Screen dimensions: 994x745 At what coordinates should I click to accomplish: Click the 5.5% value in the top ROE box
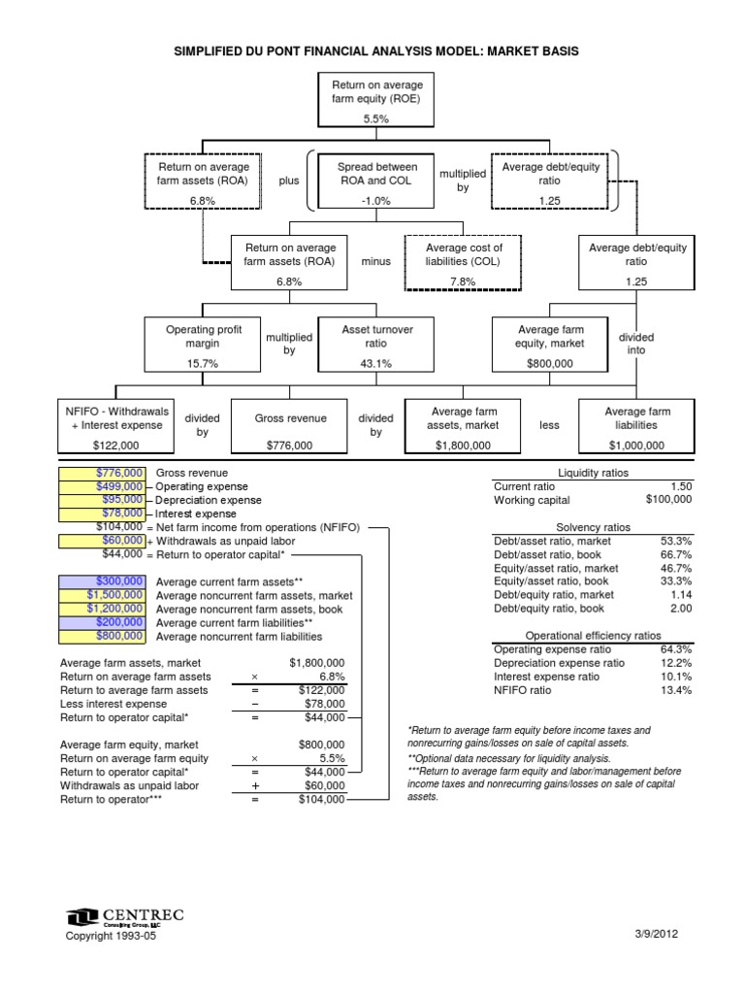pyautogui.click(x=375, y=118)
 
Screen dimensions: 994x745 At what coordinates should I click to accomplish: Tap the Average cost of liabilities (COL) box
pyautogui.click(x=465, y=261)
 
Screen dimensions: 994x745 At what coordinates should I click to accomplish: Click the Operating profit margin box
pyautogui.click(x=203, y=344)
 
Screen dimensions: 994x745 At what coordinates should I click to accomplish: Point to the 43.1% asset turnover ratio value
pyautogui.click(x=376, y=363)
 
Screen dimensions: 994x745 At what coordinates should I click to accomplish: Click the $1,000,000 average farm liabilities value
pyautogui.click(x=636, y=445)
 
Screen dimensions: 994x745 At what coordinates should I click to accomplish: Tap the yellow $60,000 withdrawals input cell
pyautogui.click(x=103, y=540)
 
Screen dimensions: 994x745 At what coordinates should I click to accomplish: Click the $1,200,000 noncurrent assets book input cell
pyautogui.click(x=103, y=609)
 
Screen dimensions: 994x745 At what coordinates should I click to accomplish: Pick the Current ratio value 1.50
pyautogui.click(x=680, y=485)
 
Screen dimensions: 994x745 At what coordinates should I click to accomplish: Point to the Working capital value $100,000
pyautogui.click(x=668, y=499)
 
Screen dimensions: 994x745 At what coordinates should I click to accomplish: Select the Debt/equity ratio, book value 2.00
pyautogui.click(x=680, y=609)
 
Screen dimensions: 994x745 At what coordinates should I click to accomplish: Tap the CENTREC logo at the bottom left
pyautogui.click(x=125, y=915)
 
